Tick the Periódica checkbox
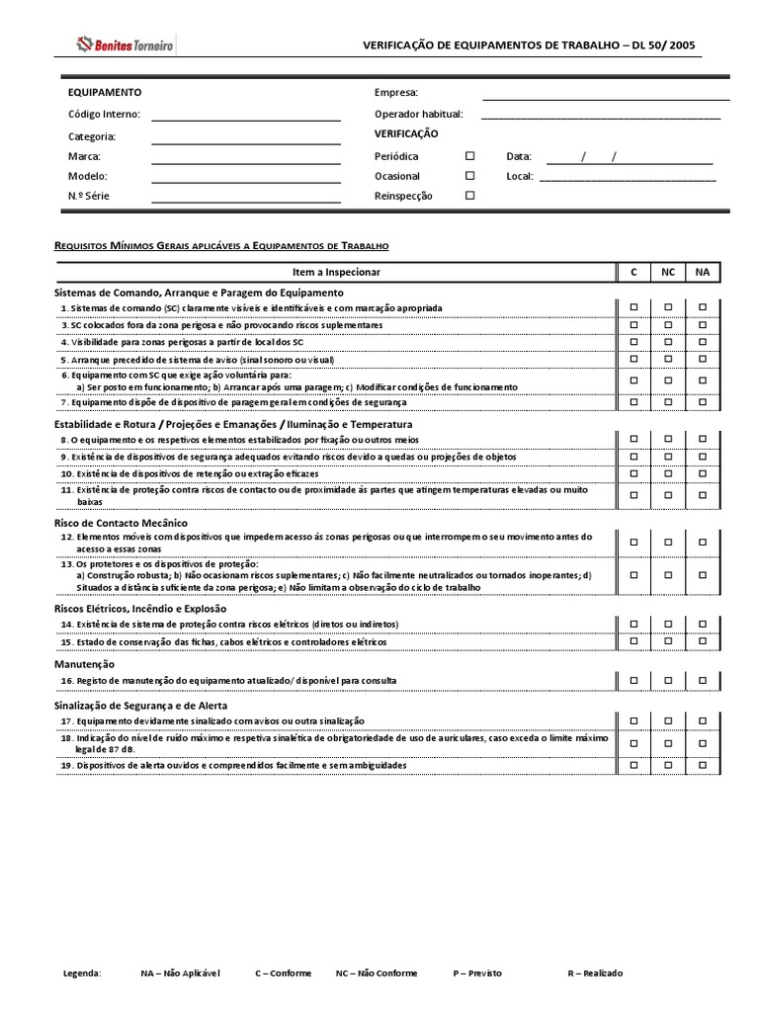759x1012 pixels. [x=470, y=156]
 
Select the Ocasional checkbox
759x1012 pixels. [x=470, y=176]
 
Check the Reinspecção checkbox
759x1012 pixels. [x=470, y=196]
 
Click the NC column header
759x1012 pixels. [x=668, y=272]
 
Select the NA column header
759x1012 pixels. [x=703, y=272]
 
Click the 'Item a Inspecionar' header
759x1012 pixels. [x=336, y=272]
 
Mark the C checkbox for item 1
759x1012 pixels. [x=634, y=308]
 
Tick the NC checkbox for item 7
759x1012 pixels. [x=668, y=402]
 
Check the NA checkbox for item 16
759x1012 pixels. [x=703, y=681]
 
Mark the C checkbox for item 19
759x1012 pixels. [x=634, y=766]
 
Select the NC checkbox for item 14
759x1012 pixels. [x=668, y=625]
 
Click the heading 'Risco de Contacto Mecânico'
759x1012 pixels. [x=120, y=522]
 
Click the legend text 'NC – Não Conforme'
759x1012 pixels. [x=376, y=973]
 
